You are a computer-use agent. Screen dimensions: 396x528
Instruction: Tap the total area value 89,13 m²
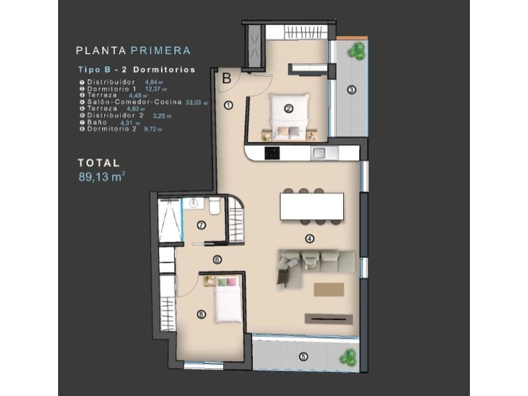[x=101, y=176]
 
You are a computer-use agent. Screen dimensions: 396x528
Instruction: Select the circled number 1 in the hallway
[x=227, y=104]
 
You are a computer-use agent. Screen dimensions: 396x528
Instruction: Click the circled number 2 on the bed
[x=288, y=110]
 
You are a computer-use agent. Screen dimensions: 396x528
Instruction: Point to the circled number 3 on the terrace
[x=352, y=89]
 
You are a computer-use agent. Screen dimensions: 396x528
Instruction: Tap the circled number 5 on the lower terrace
[x=303, y=357]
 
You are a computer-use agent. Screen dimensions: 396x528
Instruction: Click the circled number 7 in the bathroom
[x=201, y=224]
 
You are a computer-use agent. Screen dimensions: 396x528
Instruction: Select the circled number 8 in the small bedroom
[x=201, y=315]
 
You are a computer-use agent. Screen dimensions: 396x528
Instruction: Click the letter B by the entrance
[x=226, y=78]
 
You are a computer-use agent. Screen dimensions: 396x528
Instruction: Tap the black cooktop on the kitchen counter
[x=271, y=154]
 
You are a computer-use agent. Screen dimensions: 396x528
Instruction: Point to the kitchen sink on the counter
[x=319, y=153]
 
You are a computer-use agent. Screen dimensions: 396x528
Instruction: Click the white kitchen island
[x=312, y=207]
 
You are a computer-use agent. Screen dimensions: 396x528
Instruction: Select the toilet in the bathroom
[x=214, y=207]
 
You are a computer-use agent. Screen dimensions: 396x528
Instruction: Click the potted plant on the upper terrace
[x=356, y=49]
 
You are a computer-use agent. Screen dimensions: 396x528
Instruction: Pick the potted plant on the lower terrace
[x=346, y=357]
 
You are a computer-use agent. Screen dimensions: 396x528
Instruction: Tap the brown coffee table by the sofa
[x=329, y=289]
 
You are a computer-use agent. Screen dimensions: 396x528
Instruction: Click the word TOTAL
[x=98, y=162]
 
